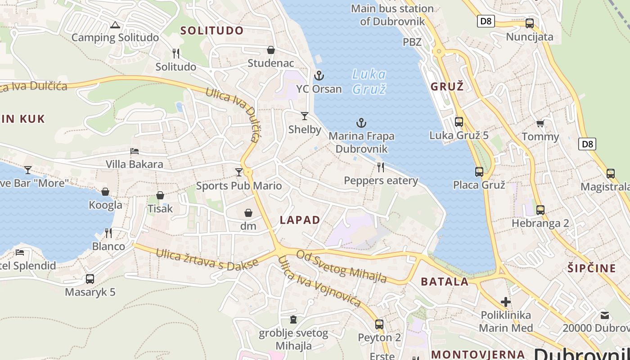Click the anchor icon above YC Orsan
click(319, 75)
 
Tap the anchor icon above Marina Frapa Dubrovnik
click(361, 122)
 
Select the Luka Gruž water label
click(369, 81)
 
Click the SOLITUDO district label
click(212, 31)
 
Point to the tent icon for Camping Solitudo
click(115, 25)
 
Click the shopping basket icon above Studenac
click(271, 49)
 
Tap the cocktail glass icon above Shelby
click(305, 116)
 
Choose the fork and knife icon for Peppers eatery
click(381, 167)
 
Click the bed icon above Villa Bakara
click(134, 151)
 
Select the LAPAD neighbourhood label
click(300, 220)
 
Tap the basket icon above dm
click(248, 213)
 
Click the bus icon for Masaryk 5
click(90, 279)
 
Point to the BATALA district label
click(445, 282)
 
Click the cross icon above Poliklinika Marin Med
click(506, 301)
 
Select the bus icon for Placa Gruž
click(479, 171)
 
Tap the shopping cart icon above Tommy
click(540, 123)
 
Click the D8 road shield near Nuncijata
click(485, 21)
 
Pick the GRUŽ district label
click(447, 87)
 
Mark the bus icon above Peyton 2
click(379, 324)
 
